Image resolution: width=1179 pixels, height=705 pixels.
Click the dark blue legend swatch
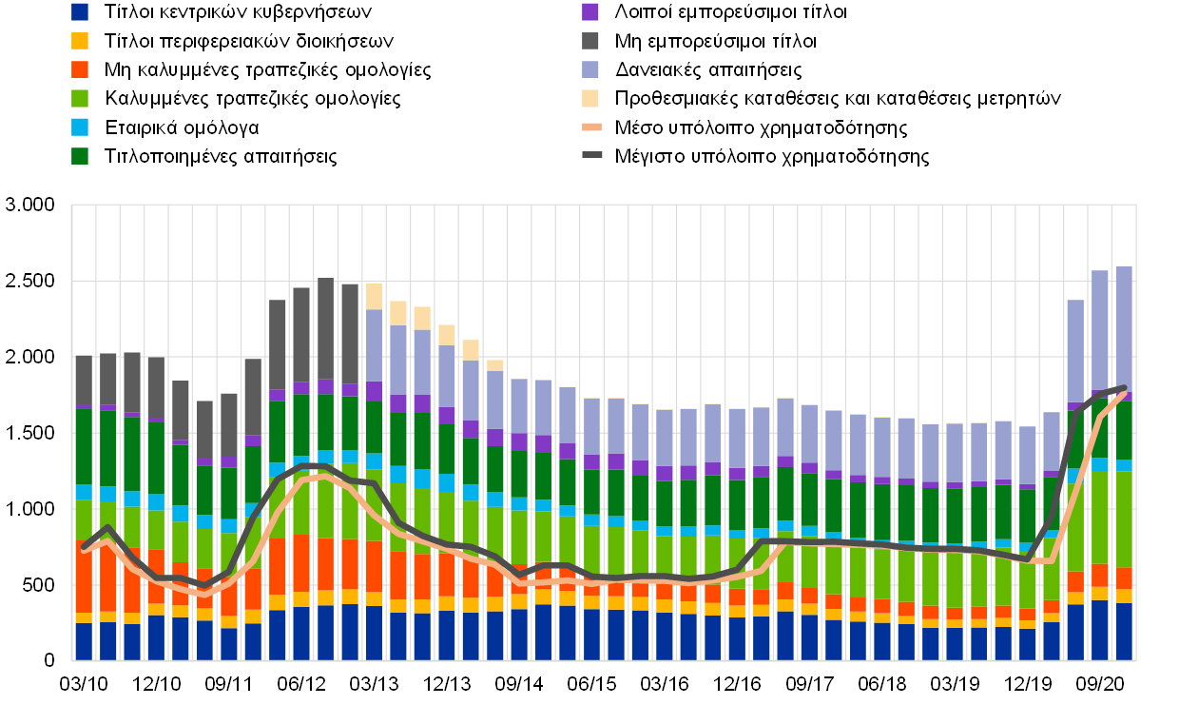point(80,11)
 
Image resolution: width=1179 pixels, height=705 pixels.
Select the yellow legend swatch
point(80,41)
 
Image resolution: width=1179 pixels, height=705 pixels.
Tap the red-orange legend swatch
point(80,69)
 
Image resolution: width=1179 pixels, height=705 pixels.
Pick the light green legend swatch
point(80,98)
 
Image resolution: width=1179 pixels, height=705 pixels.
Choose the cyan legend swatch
point(80,127)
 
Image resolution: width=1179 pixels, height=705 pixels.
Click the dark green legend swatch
point(80,156)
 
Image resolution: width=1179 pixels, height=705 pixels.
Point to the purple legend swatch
point(590,11)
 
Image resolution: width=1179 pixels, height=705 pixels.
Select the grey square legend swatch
point(590,41)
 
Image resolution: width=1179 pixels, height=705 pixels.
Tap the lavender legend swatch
point(590,69)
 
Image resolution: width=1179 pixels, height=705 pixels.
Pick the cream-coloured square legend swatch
point(590,98)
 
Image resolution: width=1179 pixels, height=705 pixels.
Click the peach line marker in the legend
point(591,127)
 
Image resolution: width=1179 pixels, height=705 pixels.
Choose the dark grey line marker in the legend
point(591,154)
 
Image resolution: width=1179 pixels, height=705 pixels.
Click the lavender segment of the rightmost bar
point(1124,328)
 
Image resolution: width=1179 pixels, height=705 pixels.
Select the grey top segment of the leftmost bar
point(84,380)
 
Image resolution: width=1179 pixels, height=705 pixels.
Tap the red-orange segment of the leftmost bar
point(84,577)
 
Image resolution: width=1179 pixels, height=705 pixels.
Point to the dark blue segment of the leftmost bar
point(84,641)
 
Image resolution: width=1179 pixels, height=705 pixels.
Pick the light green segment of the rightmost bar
point(1124,519)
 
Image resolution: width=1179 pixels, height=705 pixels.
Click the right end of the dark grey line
point(1124,388)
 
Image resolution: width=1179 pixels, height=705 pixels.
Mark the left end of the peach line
point(85,549)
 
